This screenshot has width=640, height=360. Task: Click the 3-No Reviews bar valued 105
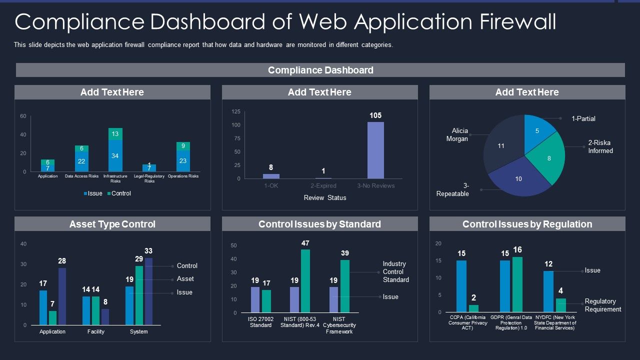click(x=375, y=150)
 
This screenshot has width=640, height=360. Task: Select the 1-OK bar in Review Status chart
click(x=271, y=176)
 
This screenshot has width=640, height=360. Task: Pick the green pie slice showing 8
click(x=548, y=159)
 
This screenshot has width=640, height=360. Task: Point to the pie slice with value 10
click(x=518, y=178)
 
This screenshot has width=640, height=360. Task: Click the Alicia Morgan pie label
click(x=456, y=135)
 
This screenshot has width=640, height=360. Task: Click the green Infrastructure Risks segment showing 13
click(x=115, y=134)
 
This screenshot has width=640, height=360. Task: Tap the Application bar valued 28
click(x=62, y=296)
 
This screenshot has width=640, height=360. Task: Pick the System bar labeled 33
click(x=148, y=291)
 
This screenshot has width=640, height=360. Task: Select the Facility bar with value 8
click(x=105, y=316)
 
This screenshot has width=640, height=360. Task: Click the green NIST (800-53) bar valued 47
click(x=305, y=280)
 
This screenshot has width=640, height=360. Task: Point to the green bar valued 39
click(x=344, y=286)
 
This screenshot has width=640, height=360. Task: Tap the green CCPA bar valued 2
click(x=473, y=308)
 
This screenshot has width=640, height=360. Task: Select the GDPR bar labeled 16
click(x=517, y=284)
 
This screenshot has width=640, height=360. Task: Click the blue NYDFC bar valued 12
click(x=548, y=291)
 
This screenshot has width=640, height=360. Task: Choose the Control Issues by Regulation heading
click(x=527, y=224)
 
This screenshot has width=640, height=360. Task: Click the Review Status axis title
click(x=325, y=198)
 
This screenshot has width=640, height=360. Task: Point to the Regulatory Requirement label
click(x=602, y=305)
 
